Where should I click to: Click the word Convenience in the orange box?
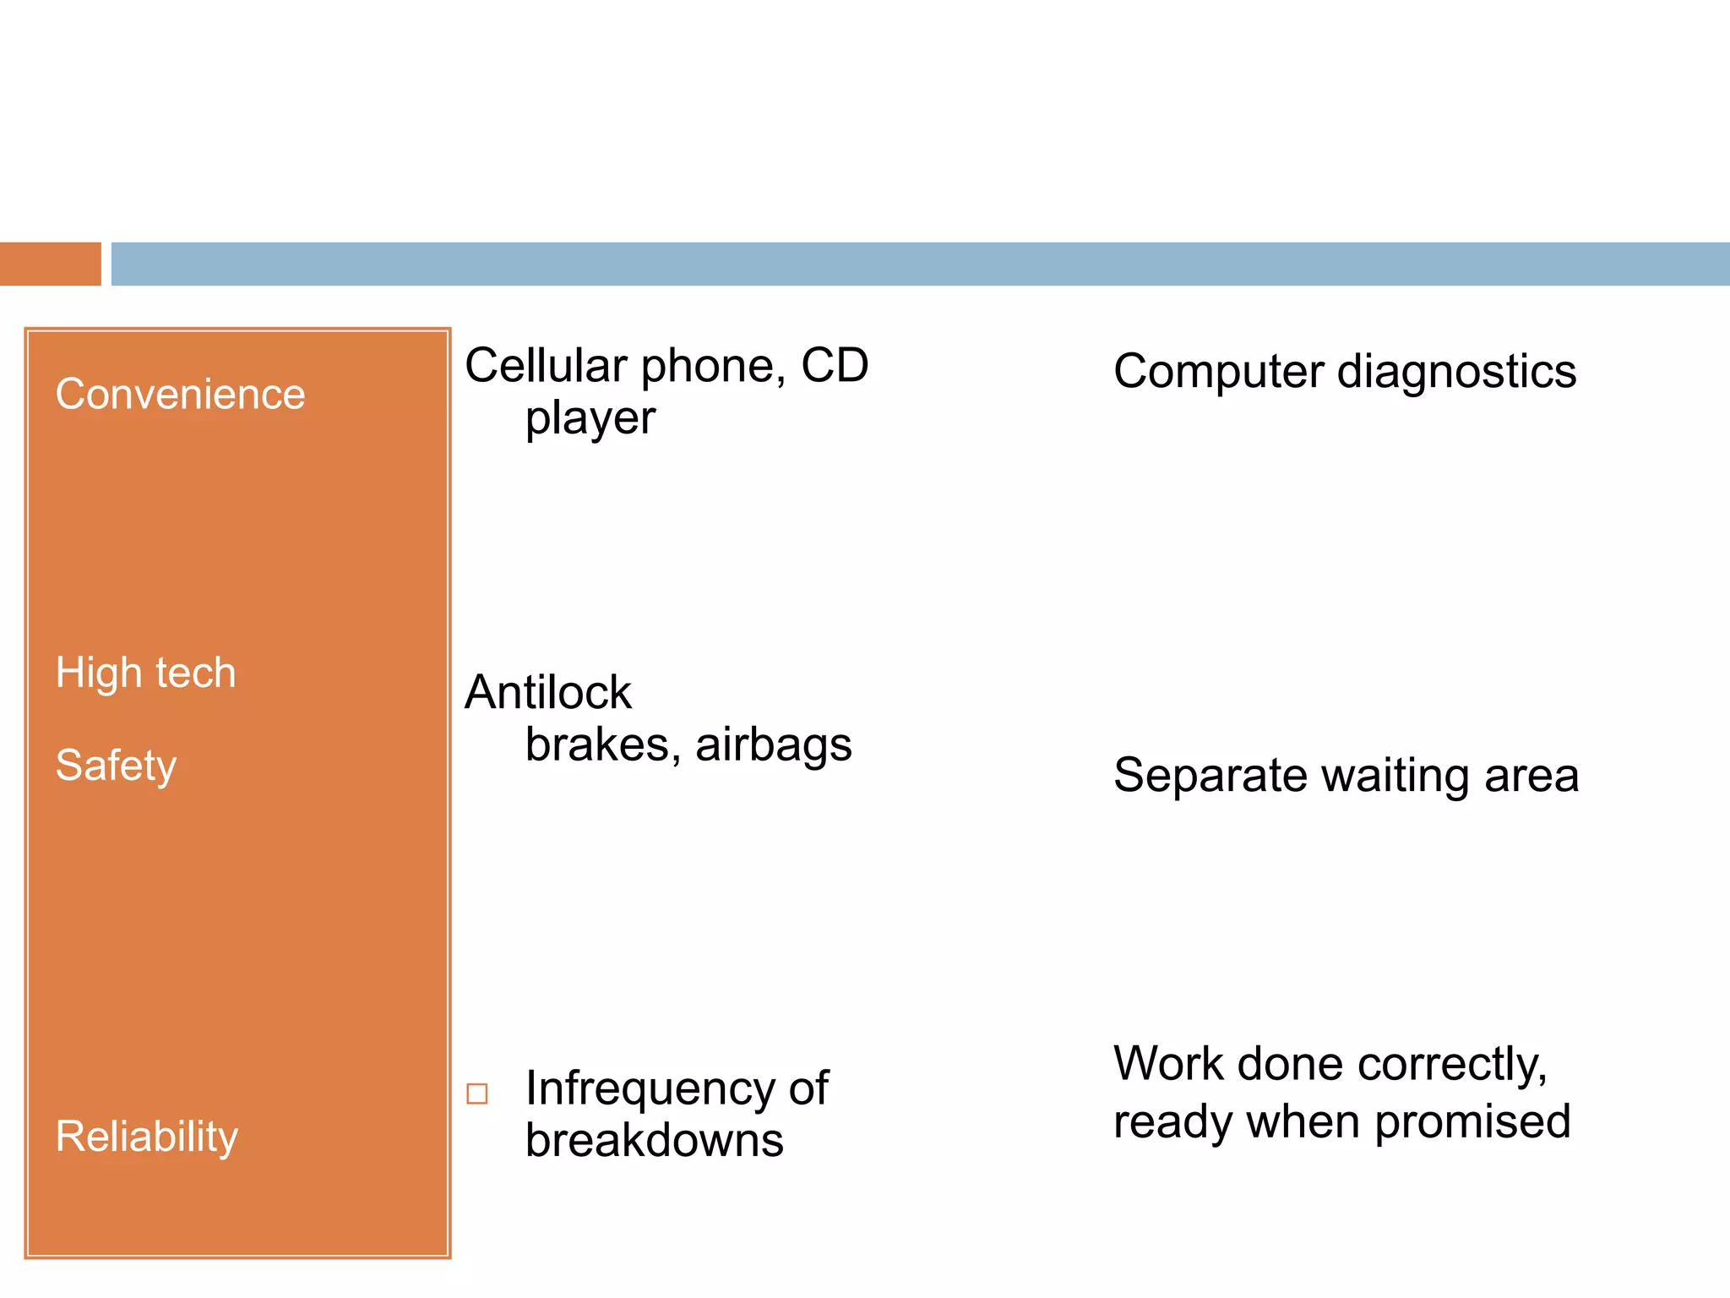tap(180, 395)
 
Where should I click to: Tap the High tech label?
tap(145, 674)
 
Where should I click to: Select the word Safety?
tap(116, 766)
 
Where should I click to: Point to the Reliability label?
tap(146, 1137)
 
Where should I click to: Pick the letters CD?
tap(834, 366)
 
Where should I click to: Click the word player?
tap(590, 419)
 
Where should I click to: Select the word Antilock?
tap(547, 693)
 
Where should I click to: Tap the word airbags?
tap(773, 745)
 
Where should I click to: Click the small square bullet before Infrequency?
tap(477, 1093)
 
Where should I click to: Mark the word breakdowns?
tap(654, 1141)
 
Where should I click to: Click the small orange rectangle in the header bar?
tap(50, 264)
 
